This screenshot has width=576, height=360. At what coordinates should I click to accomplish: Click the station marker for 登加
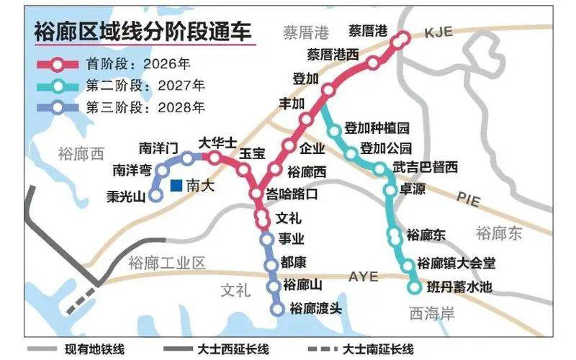point(328,90)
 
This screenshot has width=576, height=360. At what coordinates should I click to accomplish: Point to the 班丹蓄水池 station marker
point(414,287)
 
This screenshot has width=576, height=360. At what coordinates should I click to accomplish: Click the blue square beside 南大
point(176,186)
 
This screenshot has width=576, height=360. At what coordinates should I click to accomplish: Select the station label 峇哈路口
point(292,194)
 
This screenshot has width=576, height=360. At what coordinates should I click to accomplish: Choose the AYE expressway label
point(363,276)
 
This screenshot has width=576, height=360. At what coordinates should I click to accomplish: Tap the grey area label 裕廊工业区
point(166,263)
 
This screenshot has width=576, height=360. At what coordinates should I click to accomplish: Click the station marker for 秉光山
point(156,195)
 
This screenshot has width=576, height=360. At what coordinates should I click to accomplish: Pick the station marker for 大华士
point(215,157)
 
